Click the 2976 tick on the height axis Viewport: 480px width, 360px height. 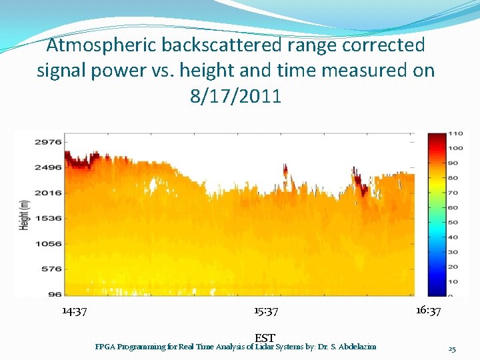(x=49, y=142)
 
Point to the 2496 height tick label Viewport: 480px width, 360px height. (x=49, y=167)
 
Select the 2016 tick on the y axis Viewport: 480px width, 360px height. (x=49, y=193)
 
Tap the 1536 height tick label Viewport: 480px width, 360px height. (x=49, y=218)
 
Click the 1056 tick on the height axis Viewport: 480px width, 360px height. (x=49, y=243)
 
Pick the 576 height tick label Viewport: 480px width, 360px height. (x=52, y=269)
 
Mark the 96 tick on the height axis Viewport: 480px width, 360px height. (x=54, y=294)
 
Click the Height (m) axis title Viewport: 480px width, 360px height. (x=25, y=215)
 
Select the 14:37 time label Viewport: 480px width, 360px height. (x=74, y=311)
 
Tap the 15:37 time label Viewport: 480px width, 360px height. (x=266, y=311)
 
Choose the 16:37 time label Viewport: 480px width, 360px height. (x=428, y=311)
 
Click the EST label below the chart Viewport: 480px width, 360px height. (x=265, y=339)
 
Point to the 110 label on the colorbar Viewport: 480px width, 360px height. (x=455, y=133)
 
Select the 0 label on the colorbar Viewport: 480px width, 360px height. (x=451, y=296)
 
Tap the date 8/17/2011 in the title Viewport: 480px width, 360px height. (x=235, y=96)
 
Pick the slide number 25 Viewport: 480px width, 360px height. (x=452, y=349)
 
